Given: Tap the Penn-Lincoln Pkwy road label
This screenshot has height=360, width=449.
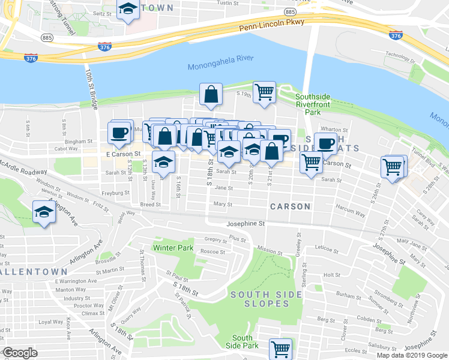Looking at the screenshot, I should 272,24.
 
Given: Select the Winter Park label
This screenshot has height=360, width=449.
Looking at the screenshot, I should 173,247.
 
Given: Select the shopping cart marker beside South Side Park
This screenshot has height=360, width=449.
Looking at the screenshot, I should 280,348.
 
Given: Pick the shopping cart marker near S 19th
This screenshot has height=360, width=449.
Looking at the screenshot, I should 264,92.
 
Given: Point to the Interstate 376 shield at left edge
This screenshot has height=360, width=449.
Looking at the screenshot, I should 31,58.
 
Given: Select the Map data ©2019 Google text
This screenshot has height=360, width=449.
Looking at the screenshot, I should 412,355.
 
